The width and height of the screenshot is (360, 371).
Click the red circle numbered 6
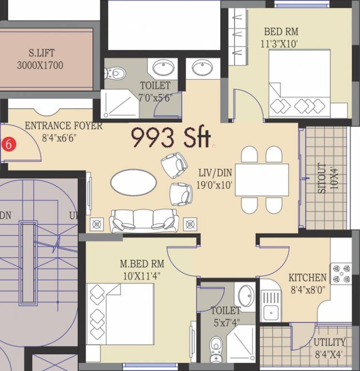pos(8,143)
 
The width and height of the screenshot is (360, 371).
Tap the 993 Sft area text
pos(171,137)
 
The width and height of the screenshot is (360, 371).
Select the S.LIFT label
pos(40,53)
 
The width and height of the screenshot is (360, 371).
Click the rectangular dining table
pos(261,180)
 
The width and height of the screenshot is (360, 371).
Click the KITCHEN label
pos(307,278)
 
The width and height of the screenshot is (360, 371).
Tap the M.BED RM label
pos(142,264)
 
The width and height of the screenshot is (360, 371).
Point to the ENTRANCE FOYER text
pos(63,126)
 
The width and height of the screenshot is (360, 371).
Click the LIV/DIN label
pos(215,172)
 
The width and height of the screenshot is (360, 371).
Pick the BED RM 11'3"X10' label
pos(281,32)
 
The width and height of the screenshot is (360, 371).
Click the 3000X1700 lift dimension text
pos(40,65)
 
